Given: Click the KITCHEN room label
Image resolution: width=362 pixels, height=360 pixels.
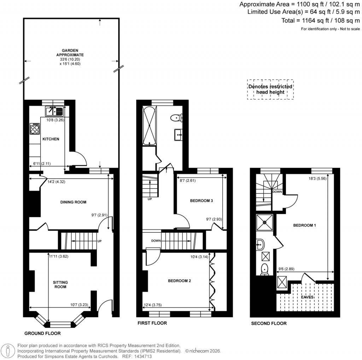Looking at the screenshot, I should pos(51,139).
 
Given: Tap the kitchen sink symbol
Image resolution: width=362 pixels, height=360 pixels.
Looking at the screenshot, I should pos(54,112).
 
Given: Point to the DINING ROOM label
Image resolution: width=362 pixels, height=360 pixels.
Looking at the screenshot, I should pos(73,202).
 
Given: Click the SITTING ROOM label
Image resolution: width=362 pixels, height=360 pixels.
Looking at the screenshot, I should pos(60,284).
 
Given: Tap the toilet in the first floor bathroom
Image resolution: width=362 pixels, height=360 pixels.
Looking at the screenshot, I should pos(176,117).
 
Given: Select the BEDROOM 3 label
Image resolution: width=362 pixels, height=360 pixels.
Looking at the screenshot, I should pos(201,201).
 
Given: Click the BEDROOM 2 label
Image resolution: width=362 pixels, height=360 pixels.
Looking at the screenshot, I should pos(179,281).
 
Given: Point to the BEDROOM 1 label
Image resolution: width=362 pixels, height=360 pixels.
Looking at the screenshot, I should pos(304,225).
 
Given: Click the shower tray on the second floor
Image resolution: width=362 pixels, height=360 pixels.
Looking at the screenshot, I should pos(264,223).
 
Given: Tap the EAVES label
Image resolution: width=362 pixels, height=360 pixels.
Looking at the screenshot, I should pos(307,297).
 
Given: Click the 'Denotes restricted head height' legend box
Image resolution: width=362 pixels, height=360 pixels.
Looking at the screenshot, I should pos(270,89).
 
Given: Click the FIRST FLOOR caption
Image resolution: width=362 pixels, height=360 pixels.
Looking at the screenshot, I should pos(152,323).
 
